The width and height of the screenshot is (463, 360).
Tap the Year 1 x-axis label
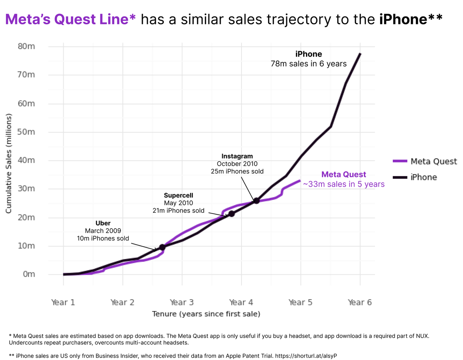pos(63,302)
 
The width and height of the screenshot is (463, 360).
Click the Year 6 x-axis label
pos(360,302)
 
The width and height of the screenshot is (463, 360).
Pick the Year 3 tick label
pos(182,302)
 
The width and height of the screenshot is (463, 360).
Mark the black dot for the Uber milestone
pos(162,247)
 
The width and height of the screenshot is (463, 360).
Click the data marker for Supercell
pos(231,214)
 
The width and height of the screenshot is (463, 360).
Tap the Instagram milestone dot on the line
pos(256,200)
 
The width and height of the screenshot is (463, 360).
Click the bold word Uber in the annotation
pos(103,223)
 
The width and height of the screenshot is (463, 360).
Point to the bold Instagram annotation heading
pos(237,156)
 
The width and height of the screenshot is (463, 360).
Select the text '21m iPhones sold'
pos(178,210)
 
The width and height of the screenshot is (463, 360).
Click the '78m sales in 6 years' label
pos(309,64)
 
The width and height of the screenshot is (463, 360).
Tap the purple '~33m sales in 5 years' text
pos(344,184)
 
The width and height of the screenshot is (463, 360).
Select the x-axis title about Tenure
pos(206,314)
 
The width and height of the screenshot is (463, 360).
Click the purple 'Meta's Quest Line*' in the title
pos(71,19)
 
